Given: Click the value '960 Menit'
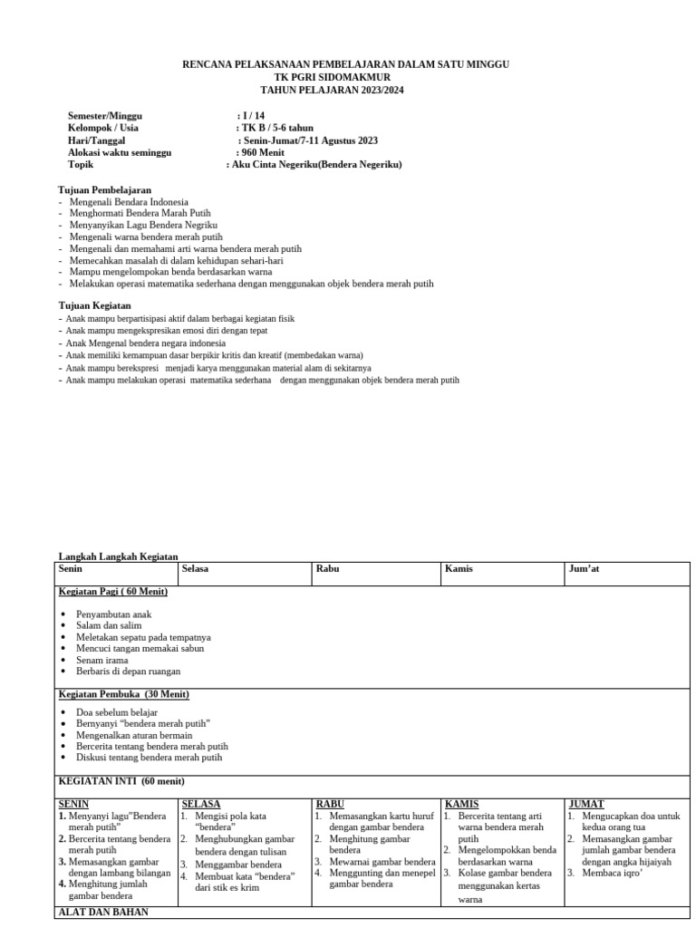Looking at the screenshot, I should (261, 153).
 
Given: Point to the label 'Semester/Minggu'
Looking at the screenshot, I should (105, 116).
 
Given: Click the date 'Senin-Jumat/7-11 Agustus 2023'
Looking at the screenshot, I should (309, 140).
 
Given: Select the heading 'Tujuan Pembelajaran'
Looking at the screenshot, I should (104, 189).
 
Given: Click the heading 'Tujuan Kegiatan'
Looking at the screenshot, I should (94, 306).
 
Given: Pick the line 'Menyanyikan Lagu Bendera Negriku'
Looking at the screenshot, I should (143, 225).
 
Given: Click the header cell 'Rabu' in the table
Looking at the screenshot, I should (327, 569).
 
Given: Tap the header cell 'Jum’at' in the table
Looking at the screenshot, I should (584, 569).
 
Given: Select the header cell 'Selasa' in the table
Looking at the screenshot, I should (196, 569).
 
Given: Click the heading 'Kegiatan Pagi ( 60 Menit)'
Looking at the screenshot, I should (113, 592).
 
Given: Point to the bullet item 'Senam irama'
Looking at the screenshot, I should (101, 660).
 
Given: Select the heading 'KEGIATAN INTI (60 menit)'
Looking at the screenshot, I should (121, 781).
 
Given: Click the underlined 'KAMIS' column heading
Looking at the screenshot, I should (462, 804).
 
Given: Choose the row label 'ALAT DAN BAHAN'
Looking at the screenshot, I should (103, 912).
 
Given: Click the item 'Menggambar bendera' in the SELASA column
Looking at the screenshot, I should (238, 865).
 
